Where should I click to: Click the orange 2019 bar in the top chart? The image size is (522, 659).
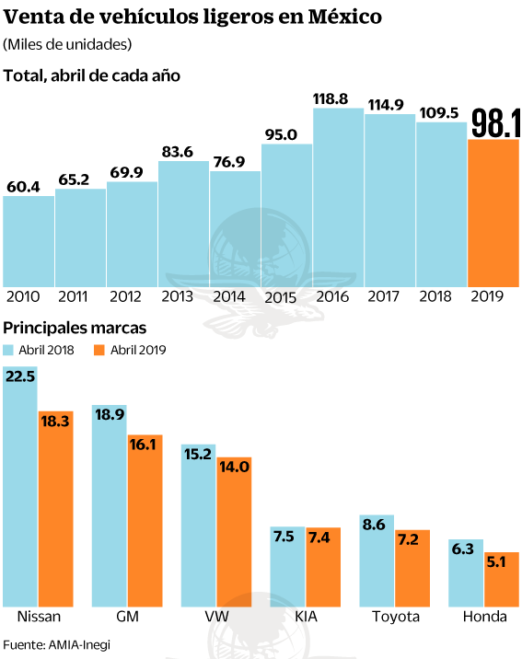click(x=493, y=214)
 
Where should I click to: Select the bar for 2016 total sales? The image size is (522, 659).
click(x=339, y=198)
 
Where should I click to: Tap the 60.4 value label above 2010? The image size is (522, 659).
click(x=24, y=187)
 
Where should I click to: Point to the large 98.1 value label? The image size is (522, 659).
click(x=496, y=122)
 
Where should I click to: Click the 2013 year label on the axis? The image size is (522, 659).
click(x=177, y=296)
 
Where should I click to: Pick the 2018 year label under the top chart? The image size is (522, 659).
click(x=435, y=296)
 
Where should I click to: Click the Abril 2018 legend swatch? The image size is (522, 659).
click(x=8, y=350)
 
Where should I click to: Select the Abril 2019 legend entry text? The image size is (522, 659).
click(x=138, y=350)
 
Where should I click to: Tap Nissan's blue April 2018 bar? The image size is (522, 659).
click(x=20, y=486)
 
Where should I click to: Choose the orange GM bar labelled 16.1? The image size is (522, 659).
click(x=145, y=520)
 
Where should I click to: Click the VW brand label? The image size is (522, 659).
click(x=217, y=617)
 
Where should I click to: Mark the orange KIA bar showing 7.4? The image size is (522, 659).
click(x=323, y=567)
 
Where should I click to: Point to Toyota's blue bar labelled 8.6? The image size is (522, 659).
click(x=377, y=561)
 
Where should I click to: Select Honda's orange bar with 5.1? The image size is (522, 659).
click(x=502, y=579)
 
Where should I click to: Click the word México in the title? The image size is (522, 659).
click(x=344, y=17)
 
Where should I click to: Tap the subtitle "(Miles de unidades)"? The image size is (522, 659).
click(x=67, y=44)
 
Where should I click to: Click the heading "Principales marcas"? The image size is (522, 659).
click(x=75, y=328)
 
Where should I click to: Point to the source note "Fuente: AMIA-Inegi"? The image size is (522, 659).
click(x=57, y=644)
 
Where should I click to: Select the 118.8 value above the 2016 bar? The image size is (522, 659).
click(x=331, y=98)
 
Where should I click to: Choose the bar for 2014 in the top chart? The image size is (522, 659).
click(x=235, y=229)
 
